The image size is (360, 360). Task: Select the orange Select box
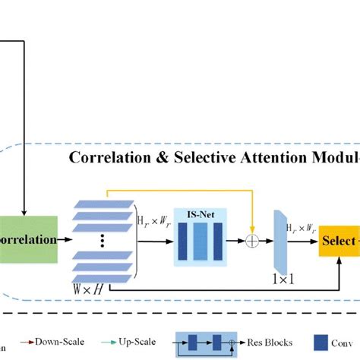coord(339,241)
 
